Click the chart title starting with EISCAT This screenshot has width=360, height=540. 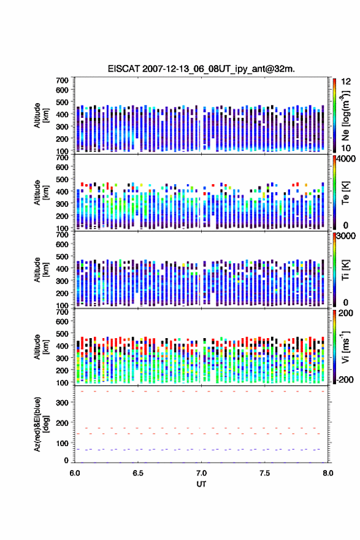click(x=201, y=69)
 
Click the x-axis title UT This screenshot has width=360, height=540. click(x=201, y=484)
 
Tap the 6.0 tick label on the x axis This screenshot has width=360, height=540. click(x=75, y=473)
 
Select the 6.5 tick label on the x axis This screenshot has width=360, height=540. click(x=137, y=473)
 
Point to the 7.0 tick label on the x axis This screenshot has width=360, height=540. click(x=201, y=473)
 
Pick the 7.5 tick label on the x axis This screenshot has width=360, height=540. click(x=265, y=473)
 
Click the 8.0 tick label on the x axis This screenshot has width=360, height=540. click(x=328, y=473)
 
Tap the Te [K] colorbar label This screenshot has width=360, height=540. click(x=345, y=193)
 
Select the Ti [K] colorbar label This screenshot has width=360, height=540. click(x=345, y=270)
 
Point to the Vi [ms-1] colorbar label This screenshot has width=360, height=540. click(x=345, y=347)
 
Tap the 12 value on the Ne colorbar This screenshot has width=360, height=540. click(x=347, y=82)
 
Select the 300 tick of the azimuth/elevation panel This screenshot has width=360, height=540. click(x=62, y=403)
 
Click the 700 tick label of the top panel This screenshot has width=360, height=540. click(x=62, y=80)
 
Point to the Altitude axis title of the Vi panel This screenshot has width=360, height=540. click(x=41, y=347)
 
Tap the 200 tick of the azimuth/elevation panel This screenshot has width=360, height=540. click(x=62, y=423)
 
